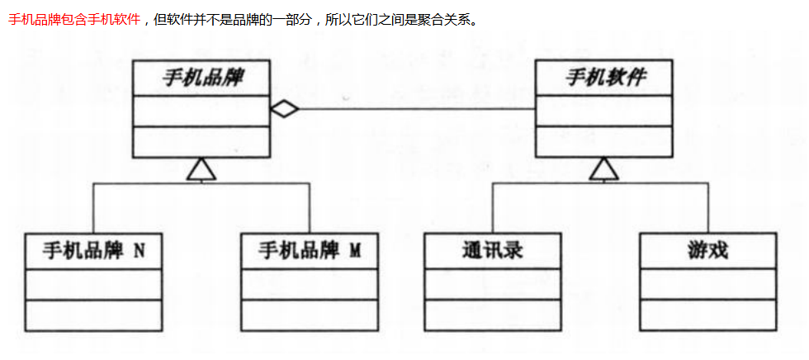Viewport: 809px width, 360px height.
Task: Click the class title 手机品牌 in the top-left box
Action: click(x=201, y=78)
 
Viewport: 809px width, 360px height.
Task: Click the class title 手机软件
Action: click(x=604, y=78)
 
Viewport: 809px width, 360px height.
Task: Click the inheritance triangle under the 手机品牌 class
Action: click(x=201, y=169)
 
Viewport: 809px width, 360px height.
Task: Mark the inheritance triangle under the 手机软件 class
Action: click(x=604, y=169)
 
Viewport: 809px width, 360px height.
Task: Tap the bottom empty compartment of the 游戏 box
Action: click(x=708, y=315)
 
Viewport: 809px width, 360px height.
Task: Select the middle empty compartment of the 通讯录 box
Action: click(x=493, y=284)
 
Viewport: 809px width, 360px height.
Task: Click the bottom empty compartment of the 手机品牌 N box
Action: click(x=93, y=315)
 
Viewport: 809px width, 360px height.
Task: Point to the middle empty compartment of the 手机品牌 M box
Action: click(x=310, y=284)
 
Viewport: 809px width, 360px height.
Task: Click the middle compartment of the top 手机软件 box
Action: click(x=604, y=111)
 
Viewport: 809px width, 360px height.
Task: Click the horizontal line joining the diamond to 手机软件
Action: click(x=413, y=109)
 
